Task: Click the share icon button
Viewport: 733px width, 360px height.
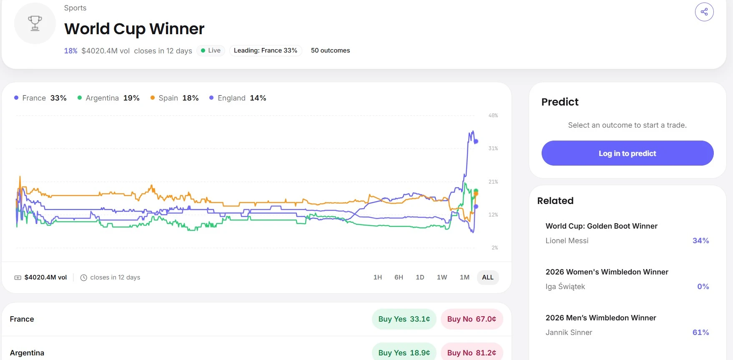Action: pyautogui.click(x=704, y=12)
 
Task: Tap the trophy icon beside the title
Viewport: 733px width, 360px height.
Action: pyautogui.click(x=35, y=23)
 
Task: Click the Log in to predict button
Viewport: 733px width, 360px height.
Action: pyautogui.click(x=628, y=153)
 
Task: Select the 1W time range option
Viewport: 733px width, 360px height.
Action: pyautogui.click(x=442, y=277)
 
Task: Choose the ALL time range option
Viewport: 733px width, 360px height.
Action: pyautogui.click(x=488, y=277)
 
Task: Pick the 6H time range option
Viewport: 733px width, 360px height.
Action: pyautogui.click(x=399, y=277)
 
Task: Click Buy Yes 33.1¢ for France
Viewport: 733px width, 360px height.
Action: pyautogui.click(x=404, y=319)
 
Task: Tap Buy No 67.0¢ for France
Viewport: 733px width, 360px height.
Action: pyautogui.click(x=472, y=319)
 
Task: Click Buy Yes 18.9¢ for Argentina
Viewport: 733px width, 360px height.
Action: pyautogui.click(x=404, y=352)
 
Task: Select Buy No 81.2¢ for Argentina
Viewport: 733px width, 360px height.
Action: pyautogui.click(x=472, y=352)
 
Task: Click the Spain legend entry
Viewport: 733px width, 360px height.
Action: pyautogui.click(x=174, y=98)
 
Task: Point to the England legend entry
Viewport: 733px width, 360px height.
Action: pyautogui.click(x=238, y=98)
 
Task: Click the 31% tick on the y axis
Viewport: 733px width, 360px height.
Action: pyautogui.click(x=493, y=149)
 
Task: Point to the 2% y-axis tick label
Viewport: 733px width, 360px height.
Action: pyautogui.click(x=495, y=248)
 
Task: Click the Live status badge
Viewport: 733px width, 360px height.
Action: pyautogui.click(x=211, y=50)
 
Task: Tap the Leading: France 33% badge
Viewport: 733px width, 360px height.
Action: pyautogui.click(x=266, y=50)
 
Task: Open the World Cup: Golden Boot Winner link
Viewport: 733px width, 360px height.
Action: pyautogui.click(x=601, y=226)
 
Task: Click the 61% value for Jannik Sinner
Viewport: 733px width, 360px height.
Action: pyautogui.click(x=700, y=332)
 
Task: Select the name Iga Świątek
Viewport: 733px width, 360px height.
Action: pyautogui.click(x=565, y=287)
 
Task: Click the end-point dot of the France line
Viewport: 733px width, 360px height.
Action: pyautogui.click(x=476, y=141)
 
